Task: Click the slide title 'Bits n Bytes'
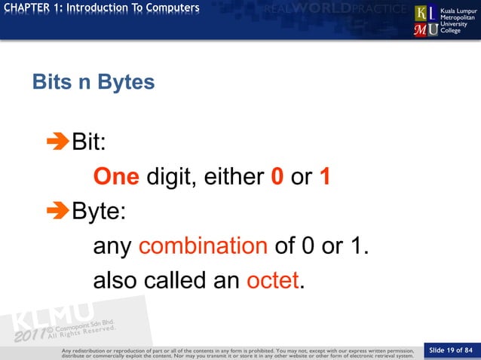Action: (x=93, y=81)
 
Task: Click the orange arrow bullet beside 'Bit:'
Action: (x=57, y=142)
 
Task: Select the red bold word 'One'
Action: (x=115, y=176)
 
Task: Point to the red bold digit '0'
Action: (x=277, y=176)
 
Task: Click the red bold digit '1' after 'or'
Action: (x=325, y=176)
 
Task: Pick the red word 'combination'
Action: (x=203, y=246)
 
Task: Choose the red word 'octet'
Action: (x=273, y=280)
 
